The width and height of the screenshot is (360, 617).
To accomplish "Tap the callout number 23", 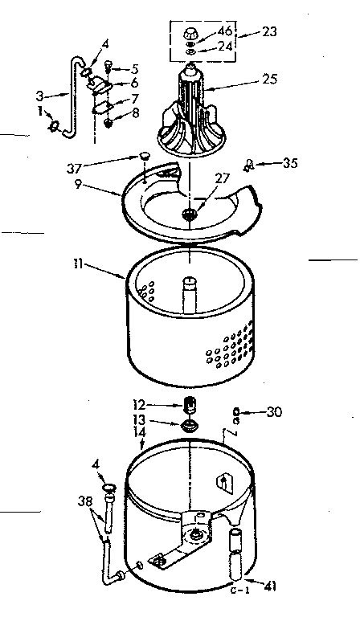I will [270, 33].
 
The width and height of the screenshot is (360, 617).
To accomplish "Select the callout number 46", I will [227, 31].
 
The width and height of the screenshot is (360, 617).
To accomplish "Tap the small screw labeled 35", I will [251, 165].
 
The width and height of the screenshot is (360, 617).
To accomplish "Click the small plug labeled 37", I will [142, 156].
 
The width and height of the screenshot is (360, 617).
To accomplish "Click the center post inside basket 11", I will [189, 297].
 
